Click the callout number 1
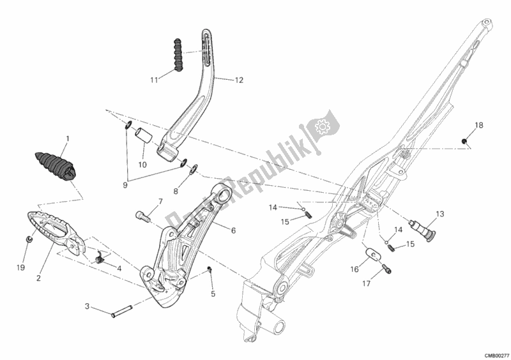tap(68, 138)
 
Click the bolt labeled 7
tap(144, 218)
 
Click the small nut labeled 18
tap(465, 140)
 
